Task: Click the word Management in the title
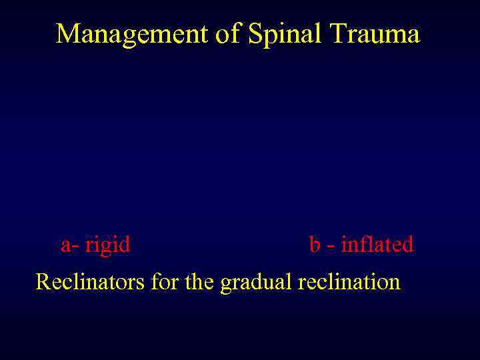(x=131, y=33)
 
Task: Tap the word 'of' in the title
(x=227, y=33)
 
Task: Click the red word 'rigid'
(x=108, y=245)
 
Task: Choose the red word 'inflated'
(x=377, y=245)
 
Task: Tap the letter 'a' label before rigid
(x=65, y=245)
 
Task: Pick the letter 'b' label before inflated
(x=315, y=245)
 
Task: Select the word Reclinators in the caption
(x=91, y=281)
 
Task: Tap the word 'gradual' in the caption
(x=256, y=283)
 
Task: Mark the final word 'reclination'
(x=349, y=281)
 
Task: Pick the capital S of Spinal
(x=255, y=33)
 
